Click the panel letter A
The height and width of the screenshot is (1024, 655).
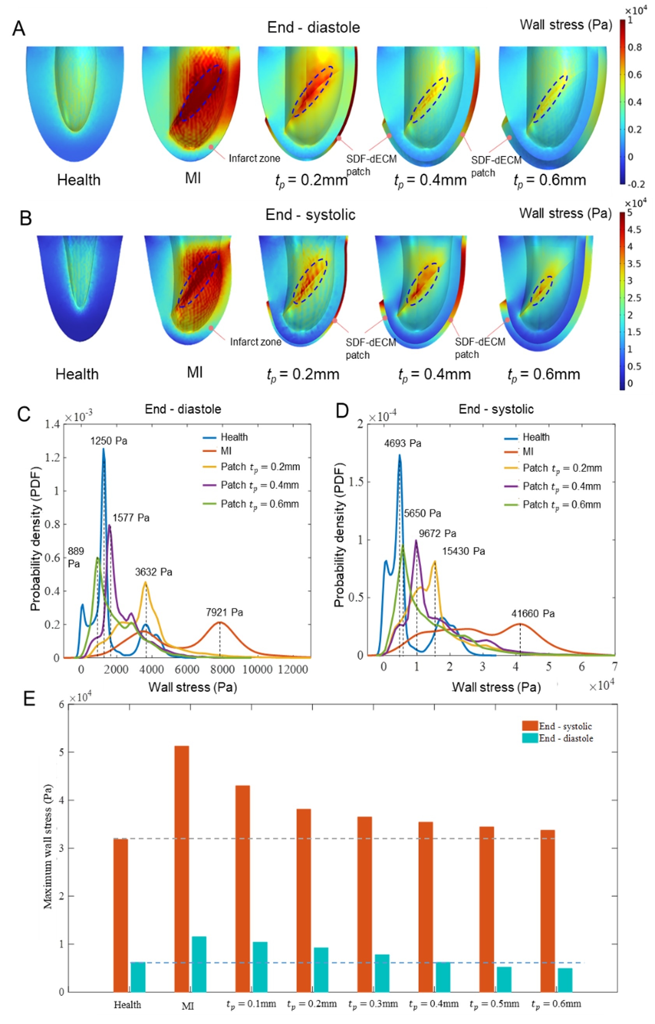pyautogui.click(x=19, y=28)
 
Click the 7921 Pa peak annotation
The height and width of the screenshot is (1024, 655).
pyautogui.click(x=224, y=612)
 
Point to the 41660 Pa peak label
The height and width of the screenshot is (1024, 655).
pyautogui.click(x=532, y=614)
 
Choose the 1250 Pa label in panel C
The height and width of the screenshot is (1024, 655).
pyautogui.click(x=109, y=441)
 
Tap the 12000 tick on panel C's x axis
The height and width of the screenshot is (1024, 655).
pyautogui.click(x=293, y=669)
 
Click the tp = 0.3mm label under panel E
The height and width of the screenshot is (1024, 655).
pyautogui.click(x=373, y=1005)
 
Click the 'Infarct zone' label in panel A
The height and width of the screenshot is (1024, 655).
pyautogui.click(x=255, y=159)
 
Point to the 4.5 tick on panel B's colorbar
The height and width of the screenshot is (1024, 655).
pyautogui.click(x=634, y=230)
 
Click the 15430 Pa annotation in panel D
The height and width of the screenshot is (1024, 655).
pyautogui.click(x=463, y=552)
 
